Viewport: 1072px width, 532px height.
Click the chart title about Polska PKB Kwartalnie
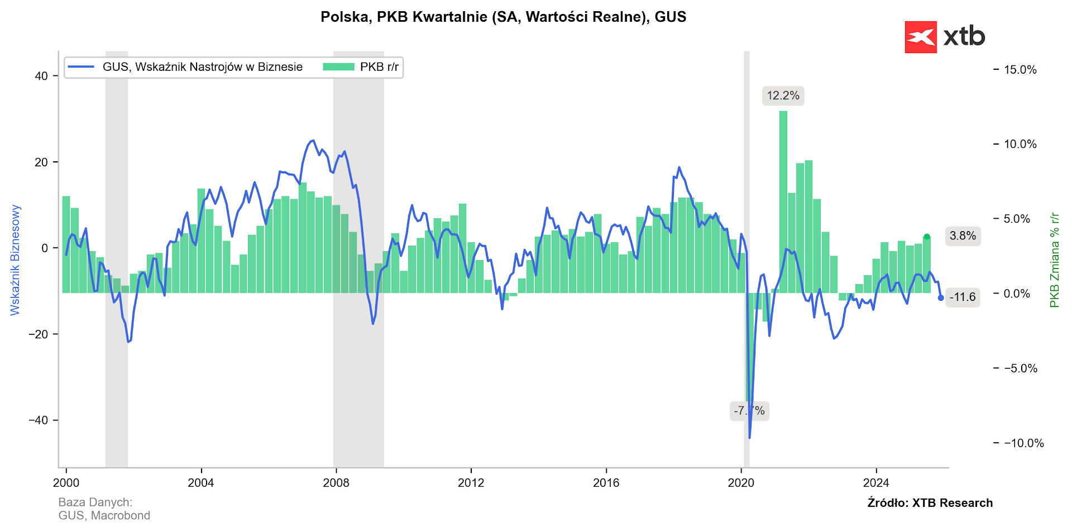(503, 17)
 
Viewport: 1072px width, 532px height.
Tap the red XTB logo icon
(920, 37)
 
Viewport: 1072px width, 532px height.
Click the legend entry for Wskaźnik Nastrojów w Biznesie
(186, 67)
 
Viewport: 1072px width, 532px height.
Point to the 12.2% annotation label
(783, 95)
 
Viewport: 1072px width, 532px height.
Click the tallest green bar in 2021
(783, 201)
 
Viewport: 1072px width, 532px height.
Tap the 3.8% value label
(963, 236)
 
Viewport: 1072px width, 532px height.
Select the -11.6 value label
(963, 297)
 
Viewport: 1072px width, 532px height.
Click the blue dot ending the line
(941, 298)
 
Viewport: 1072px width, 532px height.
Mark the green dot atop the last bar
(927, 237)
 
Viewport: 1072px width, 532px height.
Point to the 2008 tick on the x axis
(336, 483)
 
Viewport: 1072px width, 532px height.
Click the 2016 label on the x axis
(606, 483)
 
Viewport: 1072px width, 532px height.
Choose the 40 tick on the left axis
(41, 76)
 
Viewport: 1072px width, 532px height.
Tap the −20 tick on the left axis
(39, 334)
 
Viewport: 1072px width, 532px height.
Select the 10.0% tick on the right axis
(1020, 144)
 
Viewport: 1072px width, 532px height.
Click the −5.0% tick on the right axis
(1020, 368)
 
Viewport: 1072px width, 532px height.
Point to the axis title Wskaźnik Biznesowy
(15, 260)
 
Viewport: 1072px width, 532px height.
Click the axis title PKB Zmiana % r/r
(1054, 260)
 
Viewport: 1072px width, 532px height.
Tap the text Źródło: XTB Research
(930, 503)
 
